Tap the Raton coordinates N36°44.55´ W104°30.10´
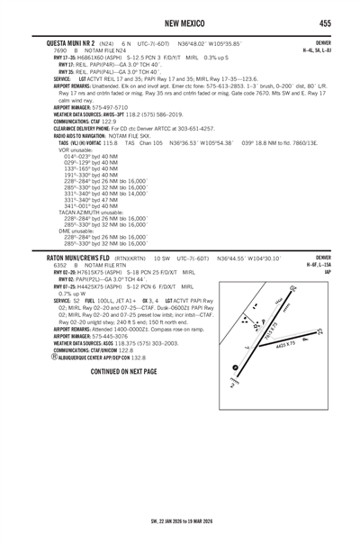pyautogui.click(x=248, y=258)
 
